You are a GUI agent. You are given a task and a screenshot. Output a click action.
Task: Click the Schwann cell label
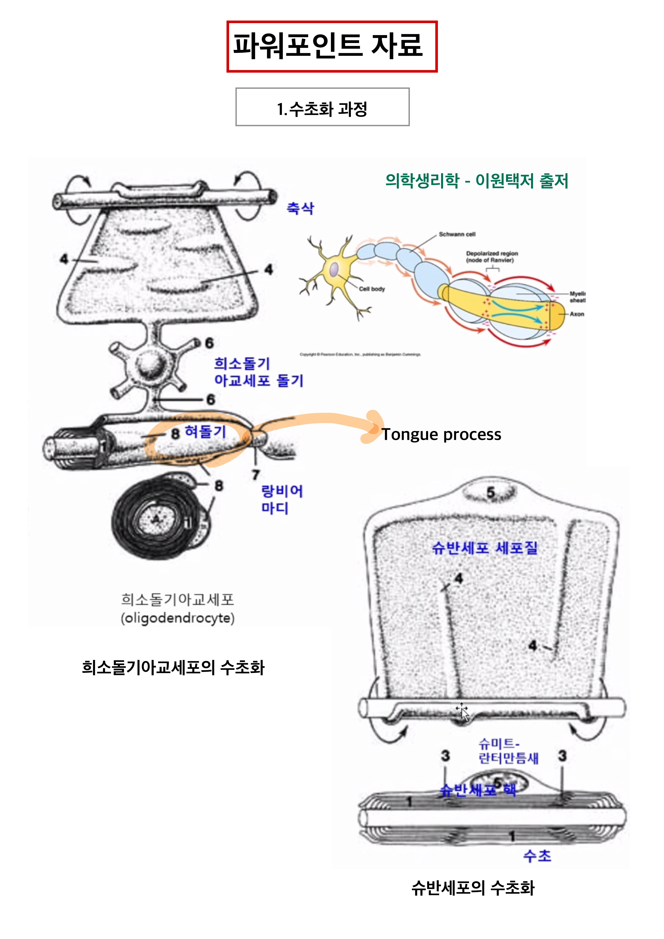pyautogui.click(x=457, y=234)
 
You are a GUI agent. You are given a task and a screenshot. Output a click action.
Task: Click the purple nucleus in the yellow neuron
pyautogui.click(x=334, y=270)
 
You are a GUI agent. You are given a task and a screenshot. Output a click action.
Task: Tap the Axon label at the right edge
pyautogui.click(x=576, y=314)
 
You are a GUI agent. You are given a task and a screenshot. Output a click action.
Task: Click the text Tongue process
pyautogui.click(x=441, y=434)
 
